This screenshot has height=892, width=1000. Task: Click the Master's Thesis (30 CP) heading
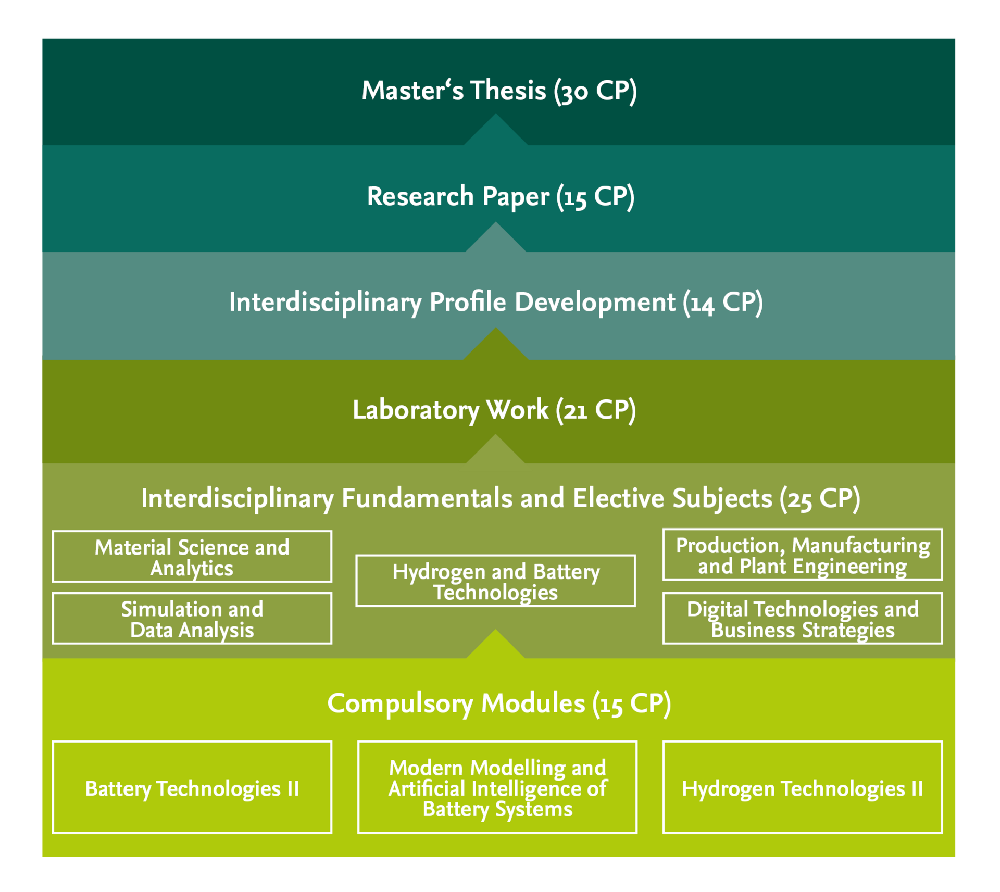pos(499,91)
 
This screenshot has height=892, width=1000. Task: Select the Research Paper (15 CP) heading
pos(500,197)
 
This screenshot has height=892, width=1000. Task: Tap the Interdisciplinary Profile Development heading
pos(495,303)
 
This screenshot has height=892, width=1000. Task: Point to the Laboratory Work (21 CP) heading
pos(494,410)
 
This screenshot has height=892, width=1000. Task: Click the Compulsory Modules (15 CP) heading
pos(498,703)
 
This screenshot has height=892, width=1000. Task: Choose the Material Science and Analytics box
pos(192,557)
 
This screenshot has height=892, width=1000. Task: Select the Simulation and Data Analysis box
pos(192,619)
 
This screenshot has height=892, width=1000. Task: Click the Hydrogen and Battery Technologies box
pos(495,581)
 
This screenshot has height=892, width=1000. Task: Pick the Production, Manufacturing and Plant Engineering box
pos(802,555)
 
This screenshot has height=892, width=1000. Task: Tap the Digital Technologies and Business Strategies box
pos(802,619)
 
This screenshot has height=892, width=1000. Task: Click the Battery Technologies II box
pos(192,787)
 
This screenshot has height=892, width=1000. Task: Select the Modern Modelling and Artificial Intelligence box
pos(497,787)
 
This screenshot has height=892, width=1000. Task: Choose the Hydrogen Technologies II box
pos(802,787)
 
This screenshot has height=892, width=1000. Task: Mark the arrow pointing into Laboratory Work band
pos(495,451)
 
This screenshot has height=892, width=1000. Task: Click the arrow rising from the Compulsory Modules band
pos(495,646)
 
